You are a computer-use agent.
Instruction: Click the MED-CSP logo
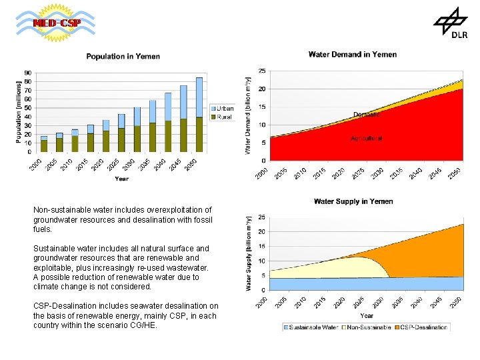[56, 23]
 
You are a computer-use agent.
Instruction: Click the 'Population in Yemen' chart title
[123, 57]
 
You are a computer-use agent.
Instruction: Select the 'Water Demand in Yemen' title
[352, 55]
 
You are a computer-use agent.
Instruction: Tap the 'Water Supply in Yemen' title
[353, 201]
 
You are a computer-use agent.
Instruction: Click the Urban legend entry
[222, 108]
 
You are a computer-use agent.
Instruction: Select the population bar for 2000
[44, 144]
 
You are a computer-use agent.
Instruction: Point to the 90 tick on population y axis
[27, 73]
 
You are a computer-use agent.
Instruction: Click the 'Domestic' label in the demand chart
[366, 115]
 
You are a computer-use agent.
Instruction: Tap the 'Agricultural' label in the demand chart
[367, 139]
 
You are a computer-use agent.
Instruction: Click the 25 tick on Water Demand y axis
[262, 71]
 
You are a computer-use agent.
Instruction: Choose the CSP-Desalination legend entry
[421, 327]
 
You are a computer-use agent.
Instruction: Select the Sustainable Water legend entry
[311, 327]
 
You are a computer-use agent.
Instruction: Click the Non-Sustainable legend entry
[367, 327]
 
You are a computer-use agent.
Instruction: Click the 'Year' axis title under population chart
[121, 179]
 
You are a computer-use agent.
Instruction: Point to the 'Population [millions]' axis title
[19, 111]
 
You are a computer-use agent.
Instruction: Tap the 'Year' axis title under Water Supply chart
[367, 315]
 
